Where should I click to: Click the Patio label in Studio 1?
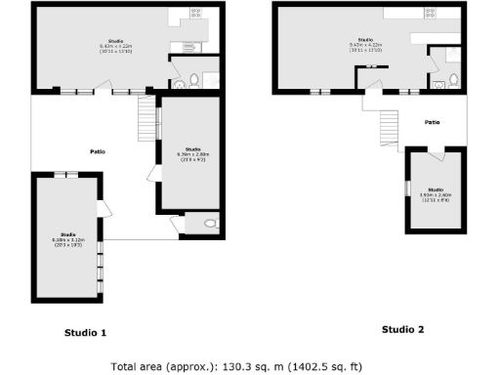pos(98,151)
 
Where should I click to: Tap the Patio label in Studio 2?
pos(432,122)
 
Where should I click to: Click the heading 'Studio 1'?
pos(85,333)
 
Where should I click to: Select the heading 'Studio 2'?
pos(402,329)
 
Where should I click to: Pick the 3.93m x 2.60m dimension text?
pos(436,195)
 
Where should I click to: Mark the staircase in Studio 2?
pos(390,124)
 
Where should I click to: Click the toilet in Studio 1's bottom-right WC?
pos(209,225)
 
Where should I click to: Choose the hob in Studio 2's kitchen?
pos(430,14)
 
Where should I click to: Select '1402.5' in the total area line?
pos(307,367)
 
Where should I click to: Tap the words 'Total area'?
pos(138,367)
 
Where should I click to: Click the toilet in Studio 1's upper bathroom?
pos(193,78)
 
